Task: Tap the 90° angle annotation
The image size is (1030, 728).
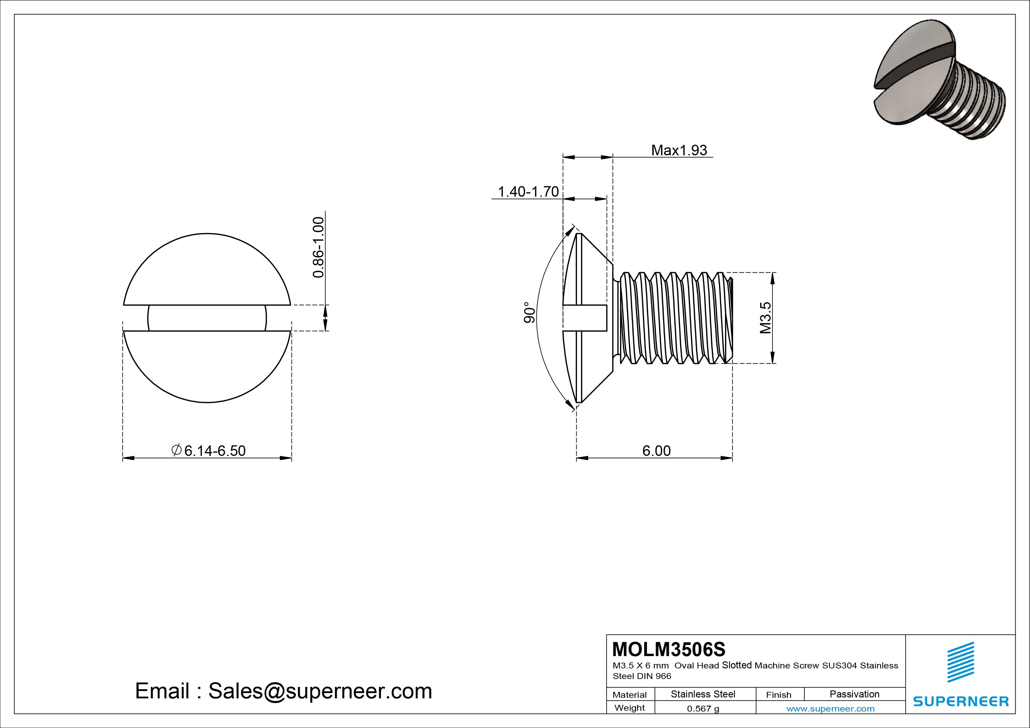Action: point(529,313)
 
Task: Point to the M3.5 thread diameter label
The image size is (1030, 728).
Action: point(765,318)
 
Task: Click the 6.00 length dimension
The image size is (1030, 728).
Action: point(656,450)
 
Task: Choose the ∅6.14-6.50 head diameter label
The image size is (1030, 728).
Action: point(208,450)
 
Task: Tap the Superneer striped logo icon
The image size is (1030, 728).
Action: point(960,662)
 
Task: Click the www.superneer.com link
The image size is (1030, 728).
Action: point(830,709)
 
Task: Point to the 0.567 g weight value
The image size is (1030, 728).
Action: point(703,709)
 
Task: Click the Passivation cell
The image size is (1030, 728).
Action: point(854,694)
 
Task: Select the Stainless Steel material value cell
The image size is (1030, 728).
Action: point(703,694)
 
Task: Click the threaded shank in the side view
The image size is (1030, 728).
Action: point(673,318)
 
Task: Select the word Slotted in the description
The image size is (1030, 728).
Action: point(737,665)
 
